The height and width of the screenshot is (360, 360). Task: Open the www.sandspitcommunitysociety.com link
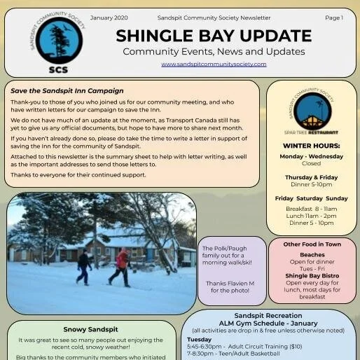tap(214, 64)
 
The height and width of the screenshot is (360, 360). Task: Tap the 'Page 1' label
tap(334, 17)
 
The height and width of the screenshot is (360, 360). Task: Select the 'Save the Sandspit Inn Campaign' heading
tap(67, 91)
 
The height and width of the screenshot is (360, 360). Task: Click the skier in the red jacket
tap(121, 266)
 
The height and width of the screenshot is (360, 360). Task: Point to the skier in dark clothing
tap(84, 267)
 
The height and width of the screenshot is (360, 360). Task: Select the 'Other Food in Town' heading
tap(312, 244)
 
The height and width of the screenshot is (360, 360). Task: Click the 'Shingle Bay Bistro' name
tap(312, 275)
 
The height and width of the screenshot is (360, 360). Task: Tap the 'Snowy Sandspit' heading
tap(90, 329)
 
